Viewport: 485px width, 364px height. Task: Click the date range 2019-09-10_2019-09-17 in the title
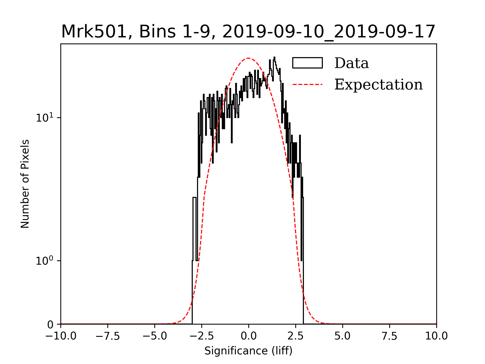[329, 32]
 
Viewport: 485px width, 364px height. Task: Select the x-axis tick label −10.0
[61, 336]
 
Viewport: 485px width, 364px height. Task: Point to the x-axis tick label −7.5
[108, 336]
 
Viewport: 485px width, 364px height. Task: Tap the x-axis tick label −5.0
[155, 336]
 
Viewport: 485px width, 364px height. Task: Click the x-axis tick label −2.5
[202, 336]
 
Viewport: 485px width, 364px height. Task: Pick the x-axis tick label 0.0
[249, 336]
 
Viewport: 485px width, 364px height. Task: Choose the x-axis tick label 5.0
[343, 336]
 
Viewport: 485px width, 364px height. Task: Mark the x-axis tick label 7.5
[390, 336]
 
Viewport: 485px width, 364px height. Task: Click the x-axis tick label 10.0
[437, 336]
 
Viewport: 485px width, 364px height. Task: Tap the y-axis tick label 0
[50, 325]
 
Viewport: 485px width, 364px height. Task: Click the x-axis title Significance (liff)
[248, 351]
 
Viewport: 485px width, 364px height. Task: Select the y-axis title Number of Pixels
[25, 184]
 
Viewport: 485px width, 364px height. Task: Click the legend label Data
[351, 63]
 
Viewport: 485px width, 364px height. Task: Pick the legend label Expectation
[378, 84]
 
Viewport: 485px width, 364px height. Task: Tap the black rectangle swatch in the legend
[307, 63]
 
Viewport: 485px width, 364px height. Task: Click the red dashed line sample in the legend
[307, 84]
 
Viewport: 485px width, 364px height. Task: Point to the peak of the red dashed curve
[249, 58]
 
